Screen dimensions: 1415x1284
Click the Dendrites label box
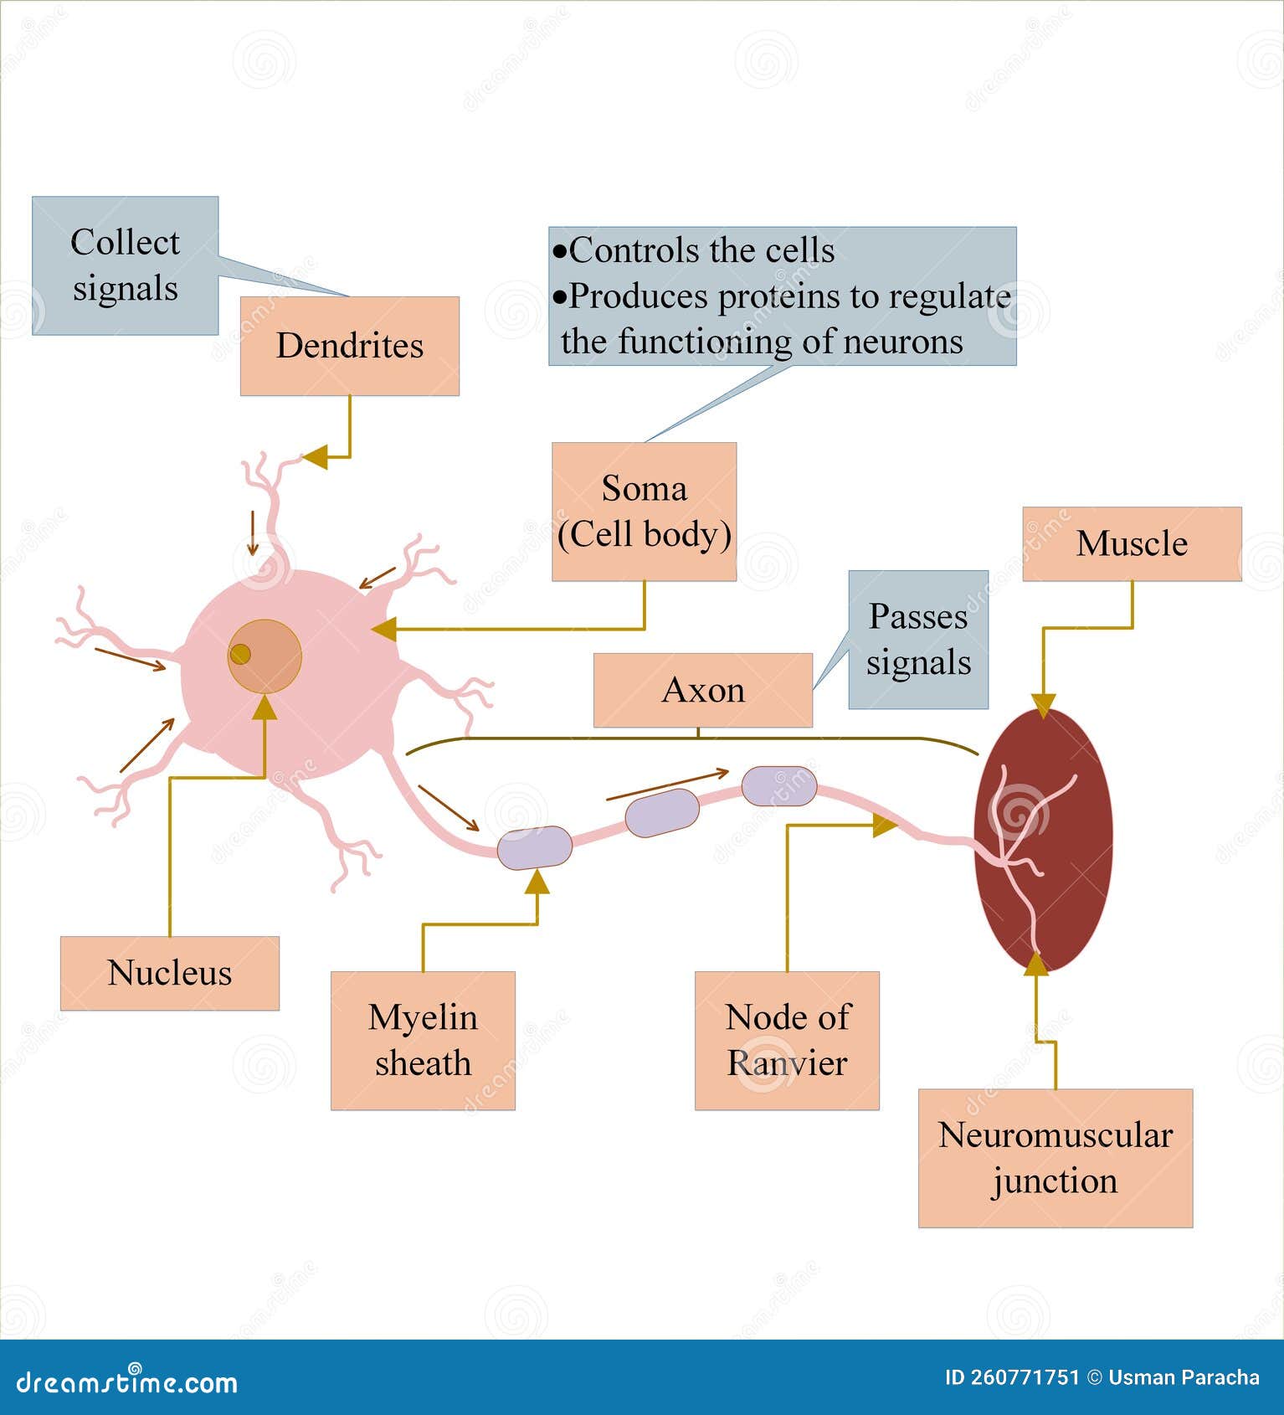349,345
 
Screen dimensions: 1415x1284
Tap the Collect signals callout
125,265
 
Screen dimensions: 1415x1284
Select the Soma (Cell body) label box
644,511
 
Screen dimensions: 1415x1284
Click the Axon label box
702,690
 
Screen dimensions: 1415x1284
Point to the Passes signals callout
918,640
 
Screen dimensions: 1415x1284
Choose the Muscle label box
1132,543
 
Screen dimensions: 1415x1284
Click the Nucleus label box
169,973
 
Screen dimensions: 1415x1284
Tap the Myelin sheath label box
423,1040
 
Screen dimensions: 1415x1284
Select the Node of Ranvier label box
787,1040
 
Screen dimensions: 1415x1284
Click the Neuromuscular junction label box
1055,1157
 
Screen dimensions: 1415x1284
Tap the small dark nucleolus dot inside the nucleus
240,654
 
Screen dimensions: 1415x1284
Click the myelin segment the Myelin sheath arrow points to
535,847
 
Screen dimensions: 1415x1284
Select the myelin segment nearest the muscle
778,785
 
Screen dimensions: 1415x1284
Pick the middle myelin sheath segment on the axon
662,812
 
